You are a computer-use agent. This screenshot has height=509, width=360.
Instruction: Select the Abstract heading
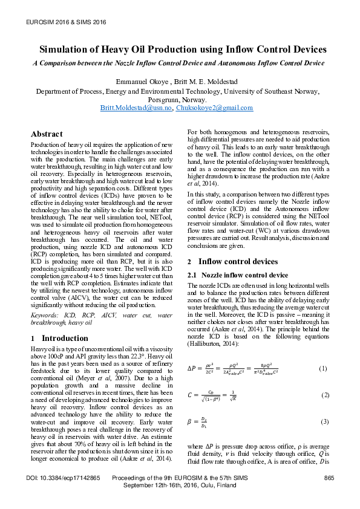[x=47, y=134]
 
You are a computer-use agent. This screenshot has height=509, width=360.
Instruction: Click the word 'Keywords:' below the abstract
[x=45, y=315]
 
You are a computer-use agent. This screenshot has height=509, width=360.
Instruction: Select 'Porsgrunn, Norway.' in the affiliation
[x=180, y=100]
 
